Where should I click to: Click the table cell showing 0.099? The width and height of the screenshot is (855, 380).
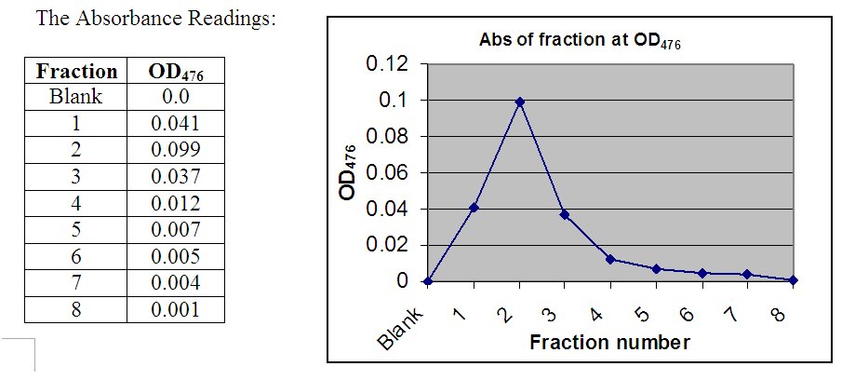(176, 150)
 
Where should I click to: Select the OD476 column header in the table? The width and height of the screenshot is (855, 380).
(176, 72)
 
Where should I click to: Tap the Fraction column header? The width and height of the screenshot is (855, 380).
(75, 72)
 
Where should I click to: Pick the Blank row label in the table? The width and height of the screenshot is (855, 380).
(75, 97)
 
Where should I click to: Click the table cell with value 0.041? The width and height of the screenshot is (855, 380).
(176, 123)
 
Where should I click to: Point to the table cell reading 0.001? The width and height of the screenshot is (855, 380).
(176, 309)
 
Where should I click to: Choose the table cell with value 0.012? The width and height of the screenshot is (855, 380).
(176, 204)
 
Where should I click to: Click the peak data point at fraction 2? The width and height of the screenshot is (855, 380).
(520, 102)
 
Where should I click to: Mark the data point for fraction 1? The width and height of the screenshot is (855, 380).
(474, 208)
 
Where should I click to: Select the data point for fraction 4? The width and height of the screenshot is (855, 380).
(610, 259)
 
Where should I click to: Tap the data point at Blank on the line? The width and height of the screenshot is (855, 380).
(428, 281)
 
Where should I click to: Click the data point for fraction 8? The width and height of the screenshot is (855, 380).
(794, 280)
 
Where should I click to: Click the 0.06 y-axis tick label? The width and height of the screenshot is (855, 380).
(387, 173)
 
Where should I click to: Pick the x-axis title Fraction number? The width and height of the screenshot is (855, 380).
(609, 343)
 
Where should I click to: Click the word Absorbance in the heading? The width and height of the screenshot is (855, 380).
(128, 20)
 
